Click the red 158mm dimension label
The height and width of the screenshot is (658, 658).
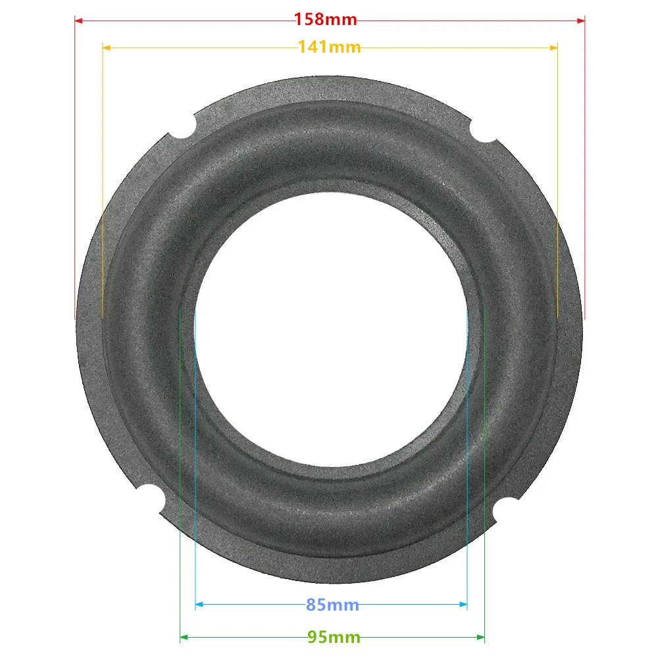pos(326,20)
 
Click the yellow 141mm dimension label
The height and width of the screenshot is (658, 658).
pos(329,47)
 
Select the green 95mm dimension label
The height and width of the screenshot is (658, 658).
pos(334,638)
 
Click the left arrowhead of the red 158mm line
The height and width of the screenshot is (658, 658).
pos(78,20)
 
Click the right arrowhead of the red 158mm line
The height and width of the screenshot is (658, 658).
pos(581,20)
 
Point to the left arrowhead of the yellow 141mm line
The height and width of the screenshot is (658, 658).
pos(106,47)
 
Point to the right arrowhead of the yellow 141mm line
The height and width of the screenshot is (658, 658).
pos(554,47)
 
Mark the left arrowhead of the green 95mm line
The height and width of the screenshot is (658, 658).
pos(183,637)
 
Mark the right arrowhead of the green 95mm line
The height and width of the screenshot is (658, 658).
pos(481,637)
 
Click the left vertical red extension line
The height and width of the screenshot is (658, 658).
pos(74,164)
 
